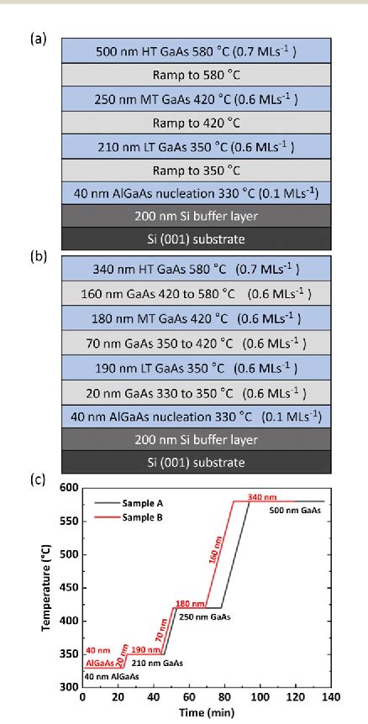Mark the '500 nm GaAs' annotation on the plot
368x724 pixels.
pyautogui.click(x=294, y=510)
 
